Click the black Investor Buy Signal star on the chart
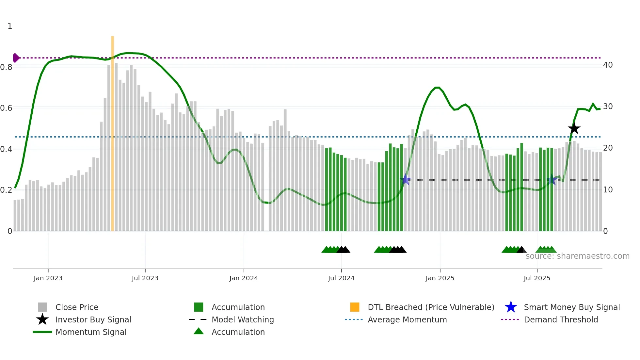pos(574,128)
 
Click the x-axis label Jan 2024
pos(244,278)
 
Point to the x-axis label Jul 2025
pos(537,278)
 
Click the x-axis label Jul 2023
pos(145,278)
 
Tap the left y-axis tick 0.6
pos(6,108)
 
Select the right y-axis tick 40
pos(608,65)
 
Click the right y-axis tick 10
pos(608,190)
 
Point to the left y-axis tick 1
pos(10,26)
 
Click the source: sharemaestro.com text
pos(577,256)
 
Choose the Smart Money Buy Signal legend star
pos(511,307)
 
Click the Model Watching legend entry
pos(243,319)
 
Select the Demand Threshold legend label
pos(561,319)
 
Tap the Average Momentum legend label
pos(407,319)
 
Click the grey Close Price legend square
pos(42,307)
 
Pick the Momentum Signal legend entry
pos(91,332)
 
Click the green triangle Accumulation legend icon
pos(199,331)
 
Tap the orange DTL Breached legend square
pos(355,307)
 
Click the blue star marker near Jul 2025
pos(552,180)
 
